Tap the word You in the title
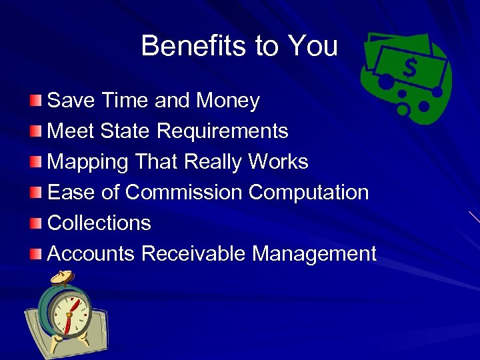313,46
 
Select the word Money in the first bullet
227,101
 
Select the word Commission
184,193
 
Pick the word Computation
309,193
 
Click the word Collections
99,223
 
